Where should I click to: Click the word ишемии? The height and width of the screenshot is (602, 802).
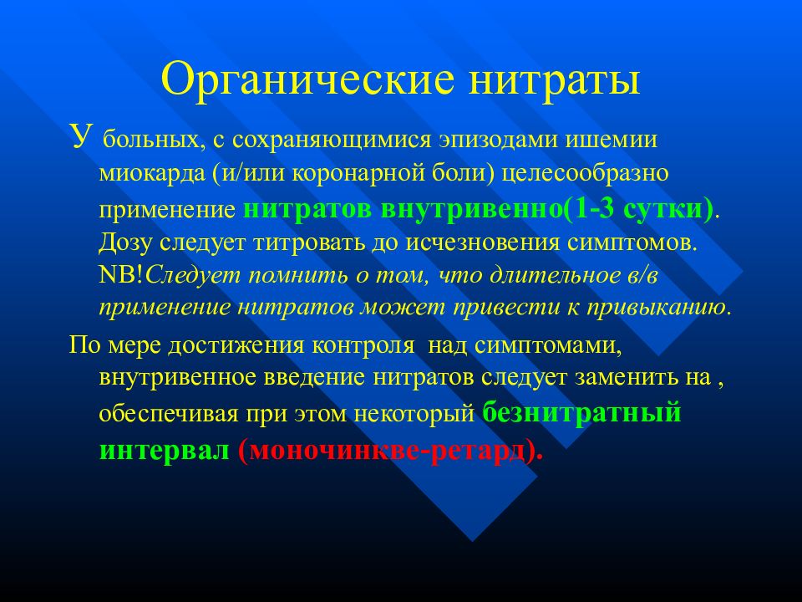[611, 140]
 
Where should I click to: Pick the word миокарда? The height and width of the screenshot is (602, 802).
[151, 174]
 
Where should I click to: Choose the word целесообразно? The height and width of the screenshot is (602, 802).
[585, 174]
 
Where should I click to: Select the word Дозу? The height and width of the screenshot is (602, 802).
[125, 242]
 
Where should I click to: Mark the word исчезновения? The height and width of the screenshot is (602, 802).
[483, 242]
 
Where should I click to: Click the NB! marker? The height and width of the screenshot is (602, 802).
[122, 275]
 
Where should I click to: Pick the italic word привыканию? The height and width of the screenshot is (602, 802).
[657, 309]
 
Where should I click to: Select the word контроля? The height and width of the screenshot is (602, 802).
[363, 346]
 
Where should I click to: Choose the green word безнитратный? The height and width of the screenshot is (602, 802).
[582, 412]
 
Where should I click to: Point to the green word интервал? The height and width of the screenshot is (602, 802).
[165, 451]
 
